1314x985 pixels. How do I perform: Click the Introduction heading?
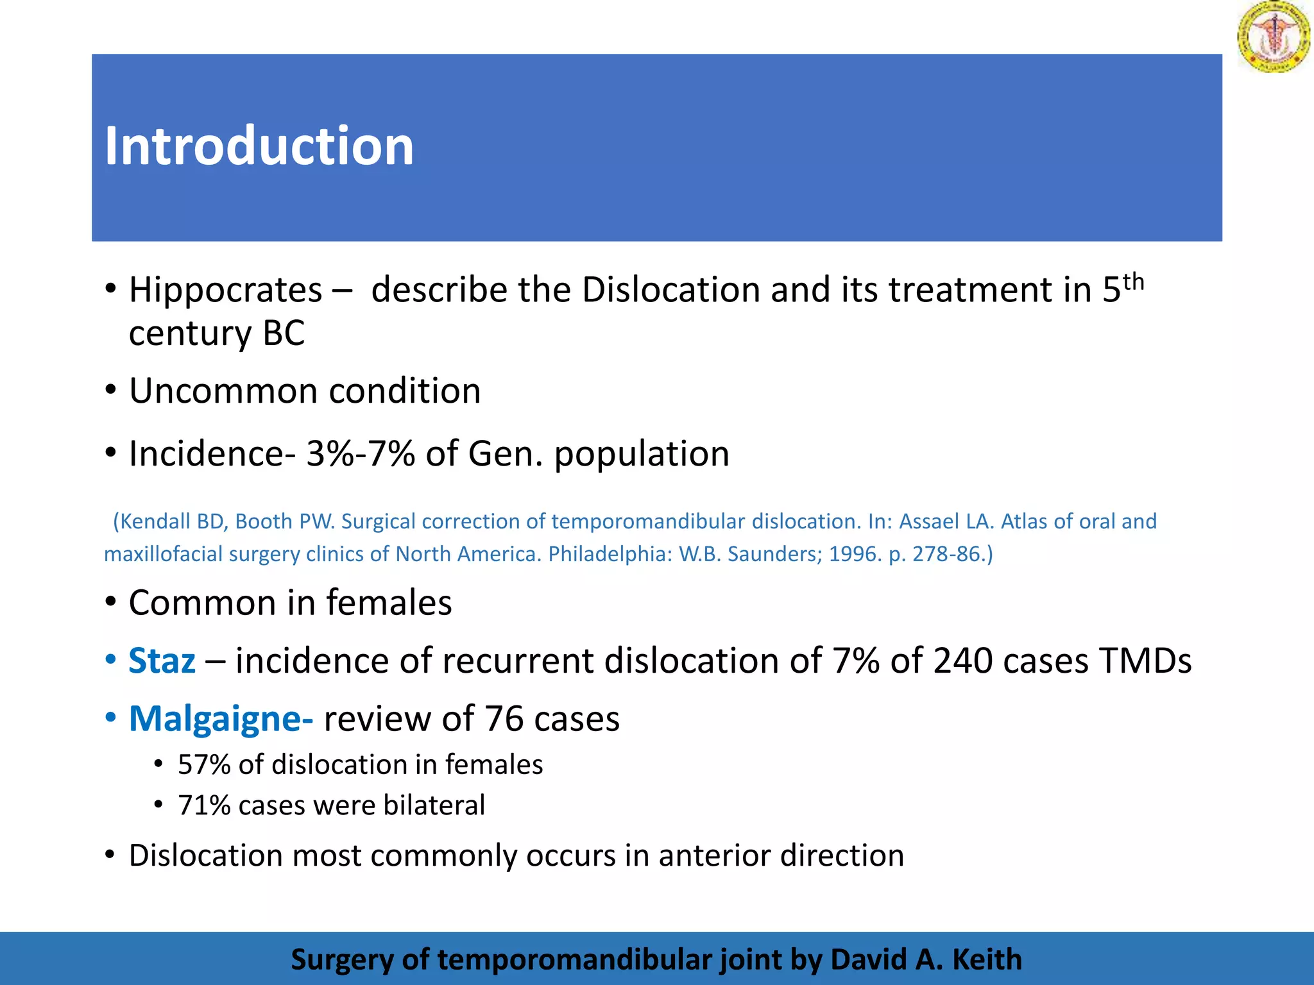point(259,146)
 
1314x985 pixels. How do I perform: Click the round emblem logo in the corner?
point(1274,37)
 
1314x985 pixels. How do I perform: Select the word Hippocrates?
point(225,290)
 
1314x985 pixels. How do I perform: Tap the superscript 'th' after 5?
point(1133,282)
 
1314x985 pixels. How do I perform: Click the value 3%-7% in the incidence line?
point(361,454)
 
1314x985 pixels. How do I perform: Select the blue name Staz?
point(162,661)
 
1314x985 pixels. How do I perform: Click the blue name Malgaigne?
point(221,718)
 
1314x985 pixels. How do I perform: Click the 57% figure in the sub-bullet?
point(204,764)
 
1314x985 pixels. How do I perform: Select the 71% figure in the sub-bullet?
point(204,805)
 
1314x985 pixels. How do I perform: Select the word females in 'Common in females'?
point(389,603)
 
